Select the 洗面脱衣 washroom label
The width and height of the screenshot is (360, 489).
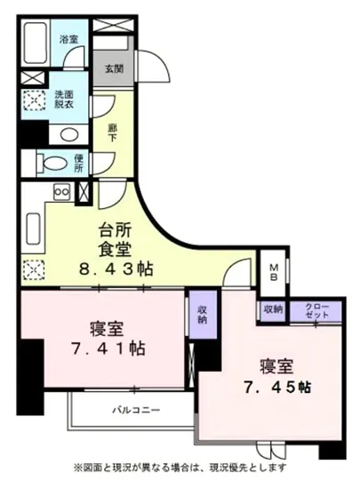coord(64,100)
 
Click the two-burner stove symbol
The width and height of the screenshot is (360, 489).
coord(62,190)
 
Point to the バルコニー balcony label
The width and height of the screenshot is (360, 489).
coord(135,410)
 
